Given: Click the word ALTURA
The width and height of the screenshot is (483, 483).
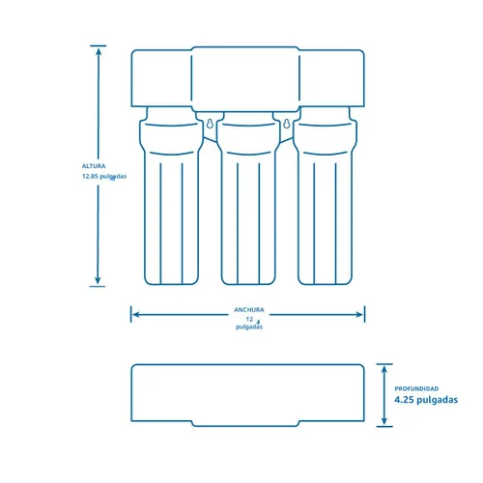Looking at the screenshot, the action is click(94, 166).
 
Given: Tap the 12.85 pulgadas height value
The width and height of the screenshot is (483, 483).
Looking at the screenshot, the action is click(104, 177).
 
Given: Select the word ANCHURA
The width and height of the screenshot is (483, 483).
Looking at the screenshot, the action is click(249, 310).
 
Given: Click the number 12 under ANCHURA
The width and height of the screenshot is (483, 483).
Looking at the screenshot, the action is click(249, 319).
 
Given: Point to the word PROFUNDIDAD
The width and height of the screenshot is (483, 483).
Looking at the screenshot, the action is click(416, 388).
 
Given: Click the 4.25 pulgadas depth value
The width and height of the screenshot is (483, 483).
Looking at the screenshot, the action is click(426, 400).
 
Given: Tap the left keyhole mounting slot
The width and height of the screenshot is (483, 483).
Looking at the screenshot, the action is click(210, 124).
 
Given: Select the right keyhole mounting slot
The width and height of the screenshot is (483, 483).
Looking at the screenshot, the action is click(287, 124).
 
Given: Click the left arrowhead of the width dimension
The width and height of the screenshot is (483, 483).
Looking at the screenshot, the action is click(136, 315).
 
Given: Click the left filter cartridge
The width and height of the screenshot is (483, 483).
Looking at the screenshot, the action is click(171, 196).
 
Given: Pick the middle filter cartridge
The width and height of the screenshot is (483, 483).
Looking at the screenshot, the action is click(248, 198).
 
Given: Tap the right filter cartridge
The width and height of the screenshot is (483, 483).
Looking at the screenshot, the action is click(325, 196).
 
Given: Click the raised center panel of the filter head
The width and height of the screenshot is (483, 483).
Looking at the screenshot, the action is click(245, 79).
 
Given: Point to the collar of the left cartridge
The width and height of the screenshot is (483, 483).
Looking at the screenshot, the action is click(171, 138).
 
